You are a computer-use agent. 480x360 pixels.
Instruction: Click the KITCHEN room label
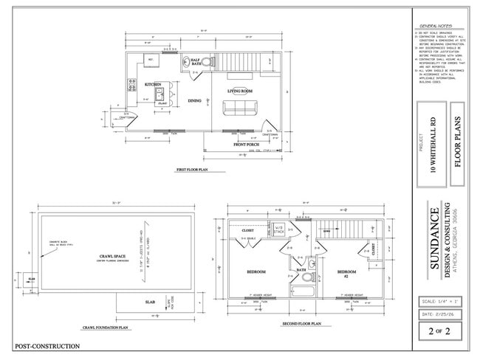(x=153, y=84)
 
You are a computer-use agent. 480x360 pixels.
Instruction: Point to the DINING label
(x=194, y=100)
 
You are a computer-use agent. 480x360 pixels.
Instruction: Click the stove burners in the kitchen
(x=132, y=85)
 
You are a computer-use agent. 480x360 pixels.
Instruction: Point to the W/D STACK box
(x=278, y=230)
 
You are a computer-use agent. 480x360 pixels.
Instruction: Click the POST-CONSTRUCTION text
(x=47, y=346)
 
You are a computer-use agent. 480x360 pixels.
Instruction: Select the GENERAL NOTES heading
(x=436, y=24)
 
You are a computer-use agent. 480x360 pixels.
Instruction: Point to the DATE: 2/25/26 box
(x=436, y=315)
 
